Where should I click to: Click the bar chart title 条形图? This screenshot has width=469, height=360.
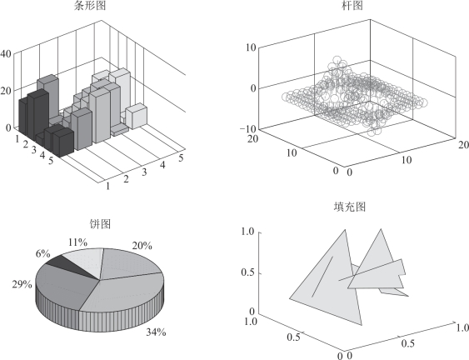pyautogui.click(x=90, y=5)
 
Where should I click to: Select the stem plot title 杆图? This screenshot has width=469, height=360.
pyautogui.click(x=352, y=5)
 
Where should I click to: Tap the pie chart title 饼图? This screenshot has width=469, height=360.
pyautogui.click(x=100, y=223)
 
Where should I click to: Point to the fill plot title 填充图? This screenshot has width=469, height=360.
pyautogui.click(x=350, y=207)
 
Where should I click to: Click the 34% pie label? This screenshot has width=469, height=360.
pyautogui.click(x=156, y=332)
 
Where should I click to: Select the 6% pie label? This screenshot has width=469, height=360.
pyautogui.click(x=42, y=254)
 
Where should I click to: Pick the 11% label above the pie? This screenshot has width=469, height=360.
pyautogui.click(x=77, y=242)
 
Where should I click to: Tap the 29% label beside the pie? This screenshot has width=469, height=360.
pyautogui.click(x=22, y=284)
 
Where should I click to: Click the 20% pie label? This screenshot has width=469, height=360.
pyautogui.click(x=142, y=246)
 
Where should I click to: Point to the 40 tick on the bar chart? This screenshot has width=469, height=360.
pyautogui.click(x=6, y=54)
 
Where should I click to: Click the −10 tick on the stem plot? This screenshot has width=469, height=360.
pyautogui.click(x=248, y=129)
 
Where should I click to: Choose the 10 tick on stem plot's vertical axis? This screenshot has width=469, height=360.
pyautogui.click(x=251, y=47)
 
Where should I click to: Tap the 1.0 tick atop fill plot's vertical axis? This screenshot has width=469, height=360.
pyautogui.click(x=247, y=232)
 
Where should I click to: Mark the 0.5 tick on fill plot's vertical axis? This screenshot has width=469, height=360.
pyautogui.click(x=247, y=272)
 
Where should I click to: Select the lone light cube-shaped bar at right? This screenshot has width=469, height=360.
pyautogui.click(x=137, y=116)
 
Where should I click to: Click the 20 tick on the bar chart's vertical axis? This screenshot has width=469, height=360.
pyautogui.click(x=6, y=91)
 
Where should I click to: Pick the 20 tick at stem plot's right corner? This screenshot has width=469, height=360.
pyautogui.click(x=463, y=145)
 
